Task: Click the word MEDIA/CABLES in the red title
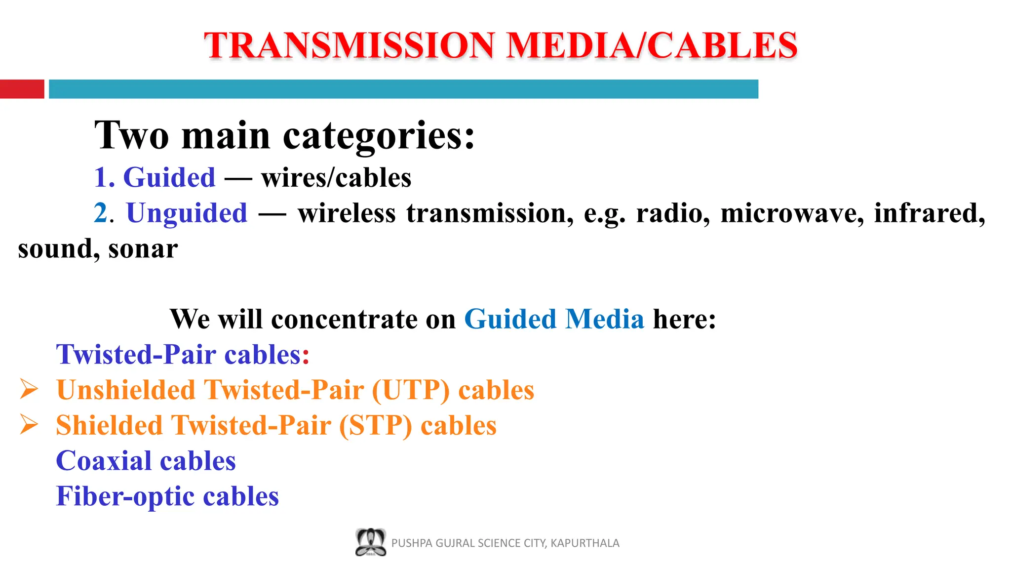pos(652,45)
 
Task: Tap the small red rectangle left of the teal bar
pos(22,89)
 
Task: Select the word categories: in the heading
pos(378,136)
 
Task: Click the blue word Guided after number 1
pos(169,178)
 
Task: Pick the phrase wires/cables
pos(336,178)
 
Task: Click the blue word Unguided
pos(187,213)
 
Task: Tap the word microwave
pos(792,213)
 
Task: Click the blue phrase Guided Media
pos(554,319)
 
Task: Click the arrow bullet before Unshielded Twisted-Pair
pos(29,389)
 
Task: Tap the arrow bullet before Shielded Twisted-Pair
pos(29,425)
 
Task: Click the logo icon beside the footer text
pos(370,542)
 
